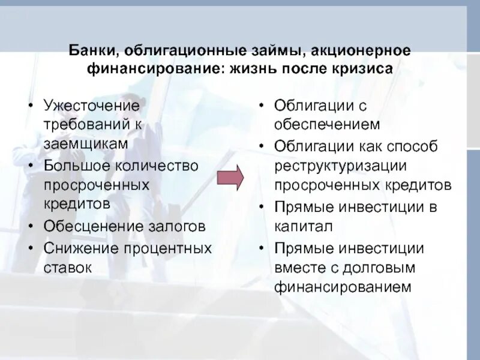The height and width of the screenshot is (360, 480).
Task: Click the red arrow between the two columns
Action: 230,177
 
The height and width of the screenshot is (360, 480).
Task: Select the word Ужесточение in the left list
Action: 91,106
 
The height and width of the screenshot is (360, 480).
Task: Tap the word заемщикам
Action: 85,145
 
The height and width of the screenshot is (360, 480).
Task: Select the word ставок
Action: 67,268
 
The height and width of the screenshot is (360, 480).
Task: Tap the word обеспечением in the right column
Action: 327,125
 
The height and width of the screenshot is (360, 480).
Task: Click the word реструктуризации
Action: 341,165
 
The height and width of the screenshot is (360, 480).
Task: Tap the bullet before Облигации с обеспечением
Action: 262,106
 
